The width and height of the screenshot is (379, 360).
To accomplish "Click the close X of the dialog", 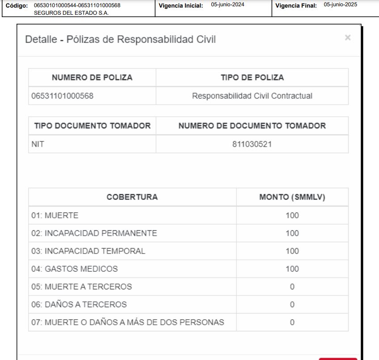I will coord(347,38).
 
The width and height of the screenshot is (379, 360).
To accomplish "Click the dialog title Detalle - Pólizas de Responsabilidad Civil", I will coord(121,39).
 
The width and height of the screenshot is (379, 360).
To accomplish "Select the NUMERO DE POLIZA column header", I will coord(92,77).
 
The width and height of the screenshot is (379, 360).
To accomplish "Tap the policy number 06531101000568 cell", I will coord(62,96).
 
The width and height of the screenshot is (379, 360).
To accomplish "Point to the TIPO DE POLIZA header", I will coord(252,77).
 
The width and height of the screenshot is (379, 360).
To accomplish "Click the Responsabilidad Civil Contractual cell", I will coord(252,96).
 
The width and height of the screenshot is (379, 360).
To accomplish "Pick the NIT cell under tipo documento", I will coord(38,144).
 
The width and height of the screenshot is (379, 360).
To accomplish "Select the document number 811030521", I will coord(252,144).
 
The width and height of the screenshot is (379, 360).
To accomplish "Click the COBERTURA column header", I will coord(132,197).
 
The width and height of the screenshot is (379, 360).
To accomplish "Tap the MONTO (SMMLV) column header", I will coord(292,197).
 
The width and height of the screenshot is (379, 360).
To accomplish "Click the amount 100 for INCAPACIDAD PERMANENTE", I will coord(292,233).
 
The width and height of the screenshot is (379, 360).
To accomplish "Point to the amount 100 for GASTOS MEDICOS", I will coord(292,269).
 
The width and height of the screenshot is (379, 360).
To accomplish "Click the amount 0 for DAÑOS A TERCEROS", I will coord(292,305).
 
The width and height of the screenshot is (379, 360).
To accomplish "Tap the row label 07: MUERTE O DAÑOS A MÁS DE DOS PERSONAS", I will coord(127,322).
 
